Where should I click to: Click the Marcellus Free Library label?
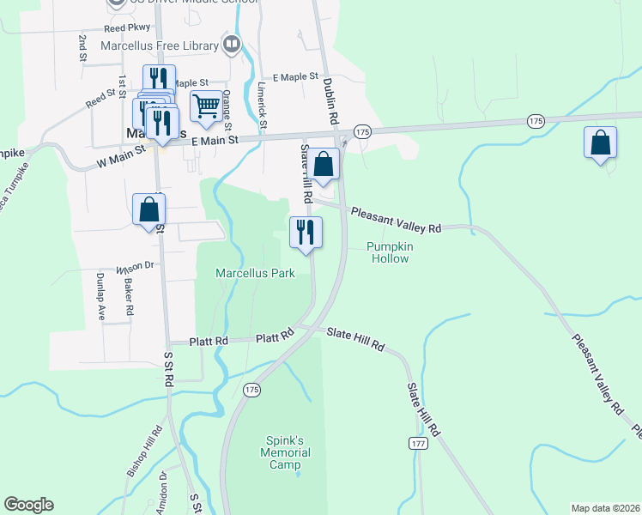tap(160, 45)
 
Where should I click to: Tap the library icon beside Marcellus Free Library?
tap(231, 44)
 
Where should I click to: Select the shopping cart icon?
tap(206, 106)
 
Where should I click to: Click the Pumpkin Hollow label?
tap(390, 252)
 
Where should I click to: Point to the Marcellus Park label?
tap(255, 274)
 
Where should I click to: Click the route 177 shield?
tap(417, 443)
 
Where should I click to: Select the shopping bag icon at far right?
tap(600, 142)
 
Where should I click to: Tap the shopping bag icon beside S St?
tap(148, 209)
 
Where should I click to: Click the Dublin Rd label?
tap(330, 98)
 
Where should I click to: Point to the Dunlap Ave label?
tap(100, 296)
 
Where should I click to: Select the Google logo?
tap(28, 505)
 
